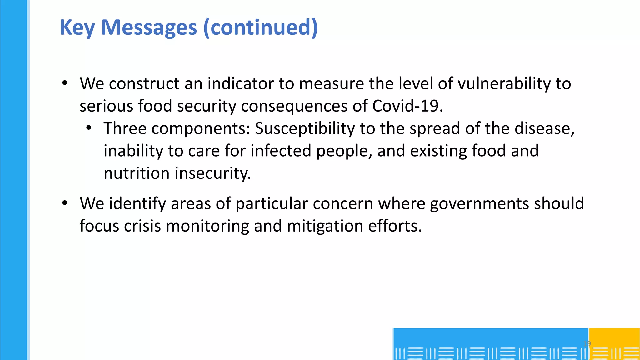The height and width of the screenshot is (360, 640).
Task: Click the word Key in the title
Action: [x=77, y=27]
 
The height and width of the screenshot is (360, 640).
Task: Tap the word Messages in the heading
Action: [x=149, y=27]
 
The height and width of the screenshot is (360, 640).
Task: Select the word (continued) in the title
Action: [x=260, y=27]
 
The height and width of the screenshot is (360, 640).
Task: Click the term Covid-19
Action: [x=407, y=106]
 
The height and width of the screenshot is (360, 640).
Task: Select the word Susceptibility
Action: [x=305, y=128]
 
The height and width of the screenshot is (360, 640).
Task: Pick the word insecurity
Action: [x=213, y=173]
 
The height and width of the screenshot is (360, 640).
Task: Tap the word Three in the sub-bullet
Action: [x=125, y=128]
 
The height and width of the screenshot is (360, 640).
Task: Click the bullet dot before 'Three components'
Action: [x=89, y=128]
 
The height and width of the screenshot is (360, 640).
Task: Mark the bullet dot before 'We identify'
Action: [x=65, y=203]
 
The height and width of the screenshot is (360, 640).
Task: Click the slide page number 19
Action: [x=587, y=343]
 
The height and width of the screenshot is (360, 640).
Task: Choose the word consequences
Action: [x=294, y=106]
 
